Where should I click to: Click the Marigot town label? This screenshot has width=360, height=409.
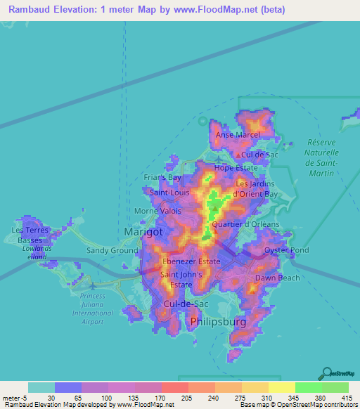tap(143, 231)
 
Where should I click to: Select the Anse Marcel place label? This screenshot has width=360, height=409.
tap(238, 135)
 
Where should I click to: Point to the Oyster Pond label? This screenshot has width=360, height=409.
tap(286, 250)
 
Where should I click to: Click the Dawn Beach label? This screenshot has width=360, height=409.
tap(277, 278)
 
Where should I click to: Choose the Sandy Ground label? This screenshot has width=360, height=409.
tap(112, 250)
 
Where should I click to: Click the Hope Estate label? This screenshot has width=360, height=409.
tap(233, 168)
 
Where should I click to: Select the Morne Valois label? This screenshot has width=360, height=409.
tap(157, 211)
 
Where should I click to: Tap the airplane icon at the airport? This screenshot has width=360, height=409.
tap(92, 286)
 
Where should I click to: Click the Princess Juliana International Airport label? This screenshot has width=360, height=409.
tap(87, 309)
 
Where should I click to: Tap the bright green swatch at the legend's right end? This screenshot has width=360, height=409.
tap(335, 387)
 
